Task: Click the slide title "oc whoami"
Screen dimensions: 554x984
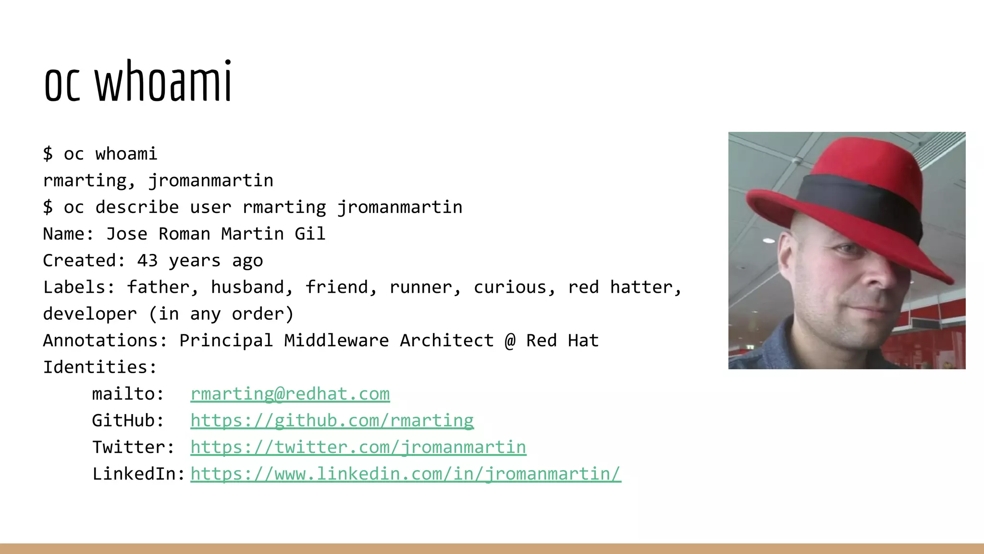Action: point(138,82)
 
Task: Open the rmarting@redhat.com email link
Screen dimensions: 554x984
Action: point(290,394)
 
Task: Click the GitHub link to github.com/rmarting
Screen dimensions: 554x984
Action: point(332,421)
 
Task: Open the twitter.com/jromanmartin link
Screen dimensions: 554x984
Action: point(358,447)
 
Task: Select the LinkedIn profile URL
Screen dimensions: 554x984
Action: point(406,474)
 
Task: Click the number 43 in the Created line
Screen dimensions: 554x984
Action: point(147,261)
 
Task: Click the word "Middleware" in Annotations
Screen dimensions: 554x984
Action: point(336,340)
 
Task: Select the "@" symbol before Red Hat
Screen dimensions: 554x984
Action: point(510,340)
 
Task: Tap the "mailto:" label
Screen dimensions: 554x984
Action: point(128,394)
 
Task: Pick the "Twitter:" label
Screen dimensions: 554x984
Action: point(133,447)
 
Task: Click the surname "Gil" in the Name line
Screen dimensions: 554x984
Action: point(310,234)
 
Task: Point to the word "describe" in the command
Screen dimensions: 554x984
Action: point(137,207)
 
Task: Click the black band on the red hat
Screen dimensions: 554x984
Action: point(855,202)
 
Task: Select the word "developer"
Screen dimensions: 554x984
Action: point(90,314)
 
